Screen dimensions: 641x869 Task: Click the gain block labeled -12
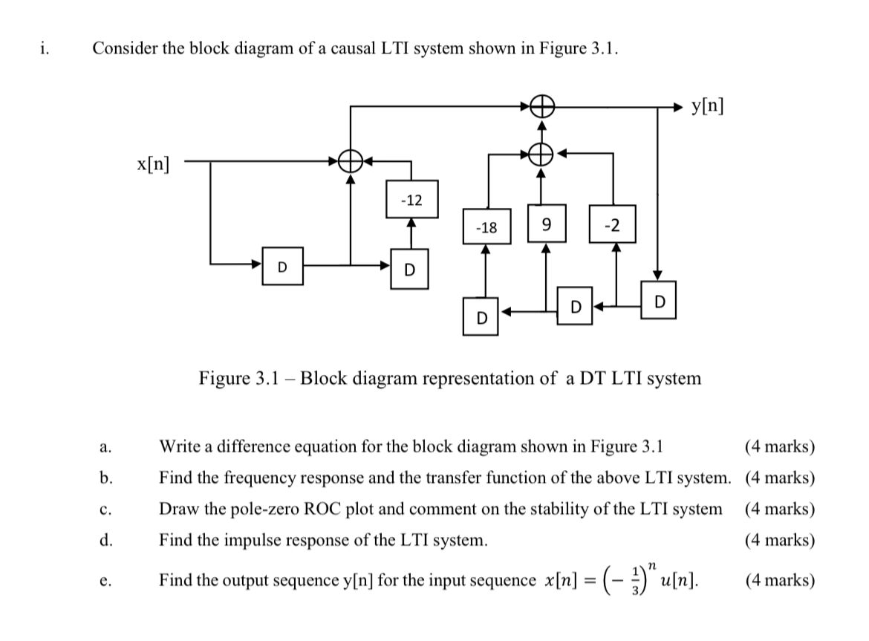411,200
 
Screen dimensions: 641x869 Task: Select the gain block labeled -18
486,228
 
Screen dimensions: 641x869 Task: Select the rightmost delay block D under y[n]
657,300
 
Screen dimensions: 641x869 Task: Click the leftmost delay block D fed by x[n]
281,266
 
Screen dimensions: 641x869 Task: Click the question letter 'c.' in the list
105,510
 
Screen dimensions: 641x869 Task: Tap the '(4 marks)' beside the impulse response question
779,540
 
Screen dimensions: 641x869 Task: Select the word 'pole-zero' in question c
239,510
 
